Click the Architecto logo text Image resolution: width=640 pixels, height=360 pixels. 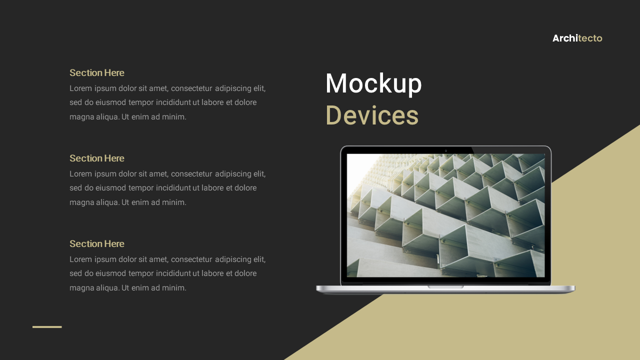click(577, 38)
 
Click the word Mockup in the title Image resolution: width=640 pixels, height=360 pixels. click(373, 83)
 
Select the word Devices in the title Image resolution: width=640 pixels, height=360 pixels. click(372, 115)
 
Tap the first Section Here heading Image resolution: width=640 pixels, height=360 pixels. click(97, 73)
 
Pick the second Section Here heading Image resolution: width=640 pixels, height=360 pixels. click(97, 158)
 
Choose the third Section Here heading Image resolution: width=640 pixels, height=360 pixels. click(97, 244)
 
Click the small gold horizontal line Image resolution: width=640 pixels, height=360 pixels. click(47, 327)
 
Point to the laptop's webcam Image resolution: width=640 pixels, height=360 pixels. click(445, 150)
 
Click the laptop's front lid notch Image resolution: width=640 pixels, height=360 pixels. click(445, 287)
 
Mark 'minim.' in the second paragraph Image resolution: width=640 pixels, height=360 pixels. click(174, 202)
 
